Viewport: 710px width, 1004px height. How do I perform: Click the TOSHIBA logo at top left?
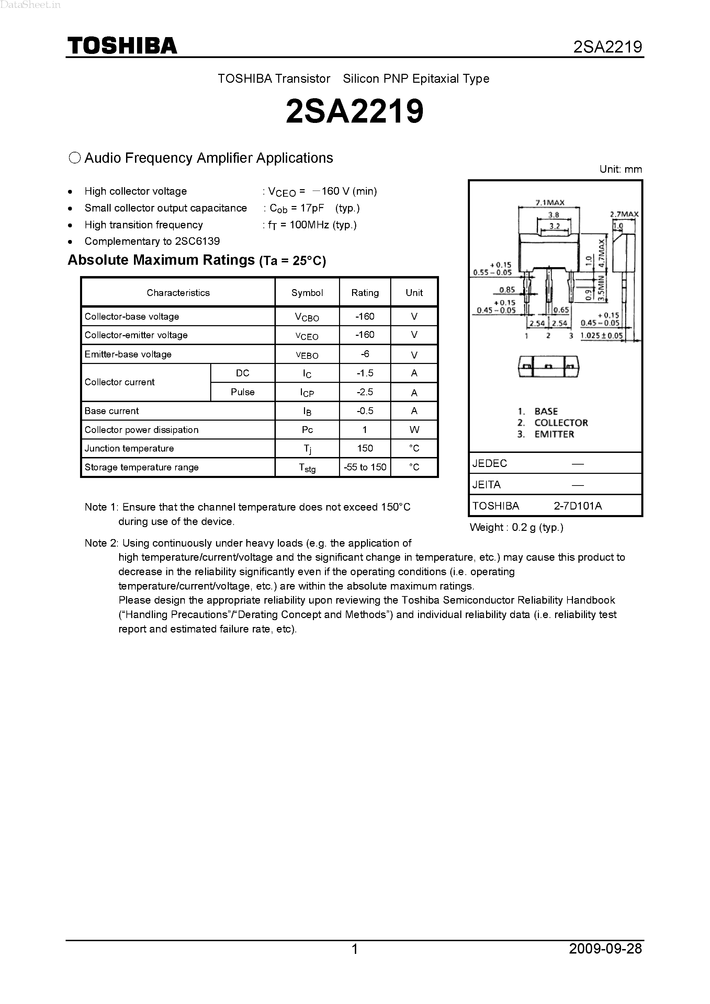(122, 46)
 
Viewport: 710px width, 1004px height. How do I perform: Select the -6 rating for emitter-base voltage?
(365, 354)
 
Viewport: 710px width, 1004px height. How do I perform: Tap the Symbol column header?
(307, 293)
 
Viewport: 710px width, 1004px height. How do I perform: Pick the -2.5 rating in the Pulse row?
(365, 392)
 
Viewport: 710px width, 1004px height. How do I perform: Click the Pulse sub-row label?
(243, 392)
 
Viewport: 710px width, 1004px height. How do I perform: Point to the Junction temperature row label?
(129, 448)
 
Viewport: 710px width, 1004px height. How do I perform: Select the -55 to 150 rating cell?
(365, 467)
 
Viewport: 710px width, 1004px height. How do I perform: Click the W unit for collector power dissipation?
(414, 430)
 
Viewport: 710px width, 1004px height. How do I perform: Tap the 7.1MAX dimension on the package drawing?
(550, 203)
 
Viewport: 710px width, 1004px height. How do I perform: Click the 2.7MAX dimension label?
(624, 214)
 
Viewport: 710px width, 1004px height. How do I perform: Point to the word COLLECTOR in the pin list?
(561, 423)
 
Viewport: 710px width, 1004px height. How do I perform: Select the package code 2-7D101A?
(577, 506)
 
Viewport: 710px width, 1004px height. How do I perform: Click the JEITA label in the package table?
(486, 484)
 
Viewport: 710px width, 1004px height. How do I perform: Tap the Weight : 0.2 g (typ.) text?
(516, 527)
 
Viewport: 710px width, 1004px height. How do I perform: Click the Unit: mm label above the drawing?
(620, 169)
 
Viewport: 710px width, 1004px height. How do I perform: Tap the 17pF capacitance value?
(312, 208)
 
